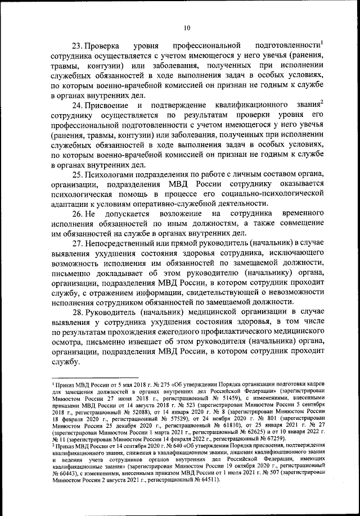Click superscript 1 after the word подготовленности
pos(322,42)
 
